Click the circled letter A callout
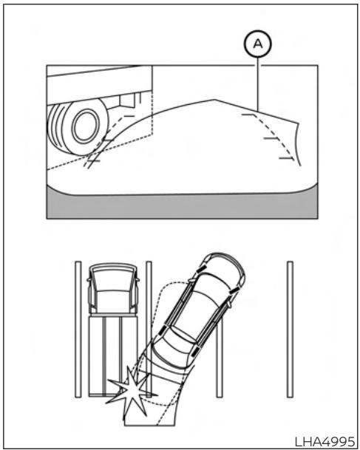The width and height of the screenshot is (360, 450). [258, 44]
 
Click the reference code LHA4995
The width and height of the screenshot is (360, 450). [325, 441]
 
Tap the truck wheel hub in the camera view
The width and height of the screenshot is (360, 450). [85, 126]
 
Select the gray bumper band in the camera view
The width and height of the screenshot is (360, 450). [182, 205]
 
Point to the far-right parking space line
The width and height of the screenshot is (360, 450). [290, 329]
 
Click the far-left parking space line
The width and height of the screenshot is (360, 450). [78, 329]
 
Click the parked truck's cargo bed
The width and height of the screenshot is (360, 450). [113, 356]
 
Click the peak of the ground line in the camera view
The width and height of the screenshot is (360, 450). [214, 100]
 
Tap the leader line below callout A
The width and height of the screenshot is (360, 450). [258, 84]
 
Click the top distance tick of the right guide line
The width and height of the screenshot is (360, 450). [248, 115]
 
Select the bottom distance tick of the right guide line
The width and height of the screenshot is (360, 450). [286, 158]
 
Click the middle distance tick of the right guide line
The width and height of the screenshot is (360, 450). [271, 138]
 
